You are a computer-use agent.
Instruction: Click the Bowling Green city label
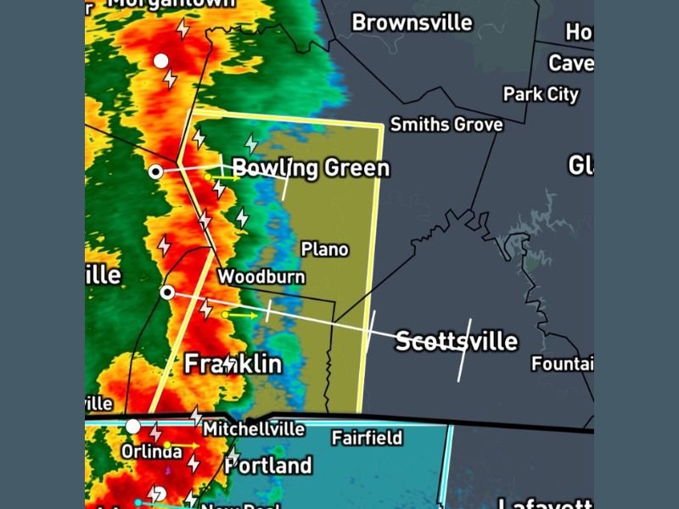click(311, 167)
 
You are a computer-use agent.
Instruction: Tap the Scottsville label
click(457, 341)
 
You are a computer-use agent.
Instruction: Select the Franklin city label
click(233, 364)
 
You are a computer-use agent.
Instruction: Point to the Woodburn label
click(261, 277)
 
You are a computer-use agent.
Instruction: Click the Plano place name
click(325, 249)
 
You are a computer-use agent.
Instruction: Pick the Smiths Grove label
click(446, 125)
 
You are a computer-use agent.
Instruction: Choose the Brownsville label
click(412, 22)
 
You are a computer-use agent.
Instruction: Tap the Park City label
click(541, 94)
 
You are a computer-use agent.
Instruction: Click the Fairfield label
click(367, 438)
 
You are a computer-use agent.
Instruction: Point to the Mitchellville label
click(253, 429)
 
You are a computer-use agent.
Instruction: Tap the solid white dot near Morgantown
click(160, 61)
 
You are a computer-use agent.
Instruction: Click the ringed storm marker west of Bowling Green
click(156, 171)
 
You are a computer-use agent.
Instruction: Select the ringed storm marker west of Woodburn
click(168, 293)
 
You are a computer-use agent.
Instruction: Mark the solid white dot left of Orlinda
click(133, 426)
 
